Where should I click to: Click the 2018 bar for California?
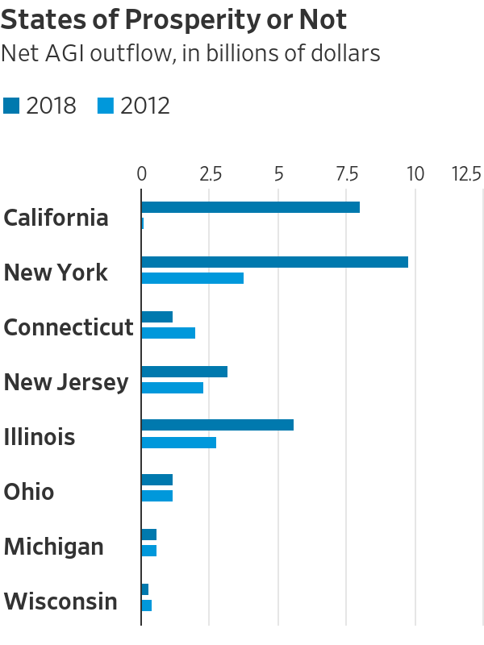[250, 207]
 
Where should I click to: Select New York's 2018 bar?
[274, 262]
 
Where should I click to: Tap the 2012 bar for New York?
[192, 278]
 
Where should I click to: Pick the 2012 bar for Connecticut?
[168, 333]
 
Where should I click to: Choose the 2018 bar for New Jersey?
[184, 372]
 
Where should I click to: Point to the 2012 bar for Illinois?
[178, 443]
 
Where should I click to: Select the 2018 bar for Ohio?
[156, 480]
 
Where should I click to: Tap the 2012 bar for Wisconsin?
[146, 605]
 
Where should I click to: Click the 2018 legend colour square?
[11, 106]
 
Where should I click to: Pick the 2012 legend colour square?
[106, 106]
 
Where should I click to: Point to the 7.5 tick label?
[347, 173]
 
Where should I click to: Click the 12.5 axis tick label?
[466, 173]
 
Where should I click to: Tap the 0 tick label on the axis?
[141, 173]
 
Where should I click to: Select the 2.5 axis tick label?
[210, 173]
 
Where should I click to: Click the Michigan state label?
[53, 547]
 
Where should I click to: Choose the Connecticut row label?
[68, 327]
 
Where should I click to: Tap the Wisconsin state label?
[60, 601]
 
